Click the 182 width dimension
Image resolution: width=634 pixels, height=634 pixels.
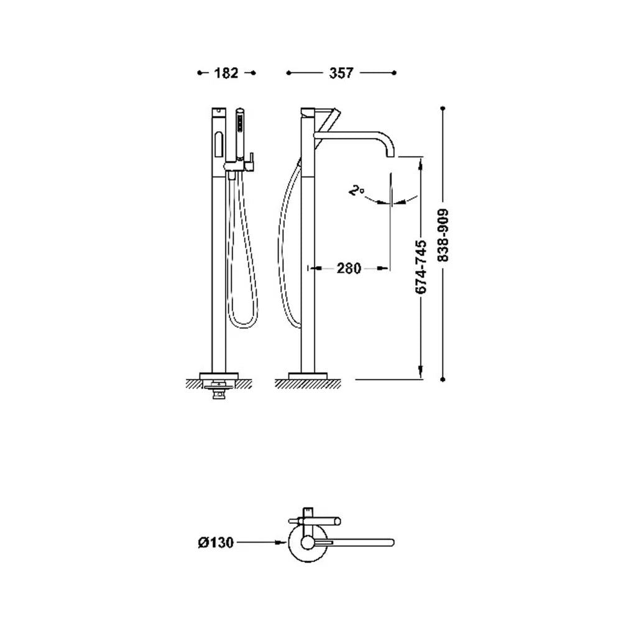click(x=226, y=73)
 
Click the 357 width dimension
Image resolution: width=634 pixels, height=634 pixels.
click(x=341, y=73)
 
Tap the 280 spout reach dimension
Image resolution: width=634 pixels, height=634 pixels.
click(x=349, y=268)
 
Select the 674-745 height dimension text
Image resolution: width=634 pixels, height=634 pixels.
click(x=421, y=267)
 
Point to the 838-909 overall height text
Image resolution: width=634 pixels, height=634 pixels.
click(x=443, y=236)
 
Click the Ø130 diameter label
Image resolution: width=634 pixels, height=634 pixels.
click(x=216, y=542)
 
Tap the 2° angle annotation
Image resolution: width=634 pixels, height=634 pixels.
click(x=356, y=190)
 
